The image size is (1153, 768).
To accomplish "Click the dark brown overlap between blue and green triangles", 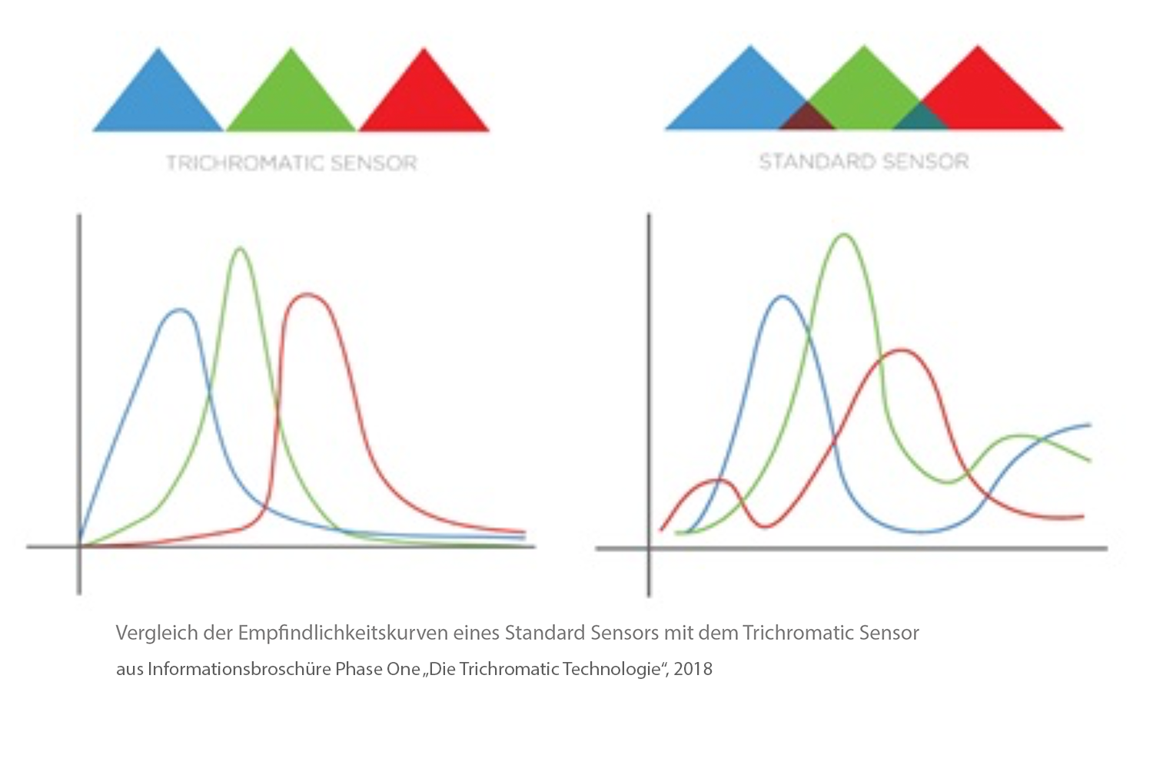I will [806, 118].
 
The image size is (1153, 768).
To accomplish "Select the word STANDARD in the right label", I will [817, 162].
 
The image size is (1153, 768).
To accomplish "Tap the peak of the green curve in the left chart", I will [241, 249].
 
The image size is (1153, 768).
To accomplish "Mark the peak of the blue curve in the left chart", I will [181, 310].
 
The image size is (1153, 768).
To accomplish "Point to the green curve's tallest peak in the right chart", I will [844, 235].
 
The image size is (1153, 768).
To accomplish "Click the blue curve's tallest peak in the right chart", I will [783, 296].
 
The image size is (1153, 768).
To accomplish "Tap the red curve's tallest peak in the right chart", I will [899, 350].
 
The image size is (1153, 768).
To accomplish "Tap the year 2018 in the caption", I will [693, 669].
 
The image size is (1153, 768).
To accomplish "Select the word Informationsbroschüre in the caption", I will [239, 669].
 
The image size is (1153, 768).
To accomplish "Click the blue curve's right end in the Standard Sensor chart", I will [1089, 425].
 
